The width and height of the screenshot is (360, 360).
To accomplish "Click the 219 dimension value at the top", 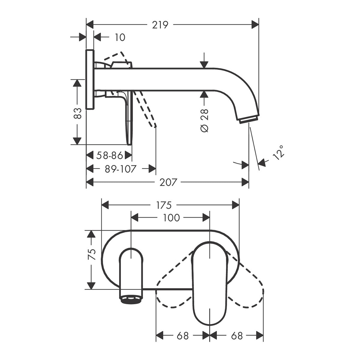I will click(160, 25).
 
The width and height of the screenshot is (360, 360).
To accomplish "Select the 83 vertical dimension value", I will click(78, 113).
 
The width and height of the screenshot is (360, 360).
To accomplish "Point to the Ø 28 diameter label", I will click(204, 120).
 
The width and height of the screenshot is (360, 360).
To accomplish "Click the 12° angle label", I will click(278, 153).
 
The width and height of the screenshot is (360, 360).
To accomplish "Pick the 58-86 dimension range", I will click(109, 155).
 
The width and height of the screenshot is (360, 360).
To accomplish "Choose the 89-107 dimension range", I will click(121, 169).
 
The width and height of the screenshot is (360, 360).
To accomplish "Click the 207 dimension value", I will click(168, 182).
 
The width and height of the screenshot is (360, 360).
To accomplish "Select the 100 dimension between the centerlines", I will click(171, 218).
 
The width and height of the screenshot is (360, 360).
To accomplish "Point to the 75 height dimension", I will click(91, 254).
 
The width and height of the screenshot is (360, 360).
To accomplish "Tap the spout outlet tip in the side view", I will click(248, 120).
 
